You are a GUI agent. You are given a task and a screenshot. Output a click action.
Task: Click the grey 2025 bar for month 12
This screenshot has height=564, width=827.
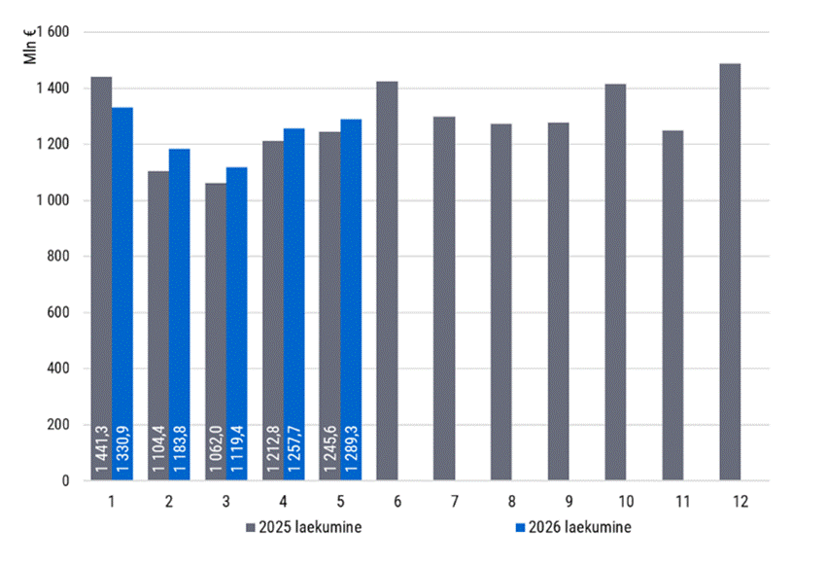730,271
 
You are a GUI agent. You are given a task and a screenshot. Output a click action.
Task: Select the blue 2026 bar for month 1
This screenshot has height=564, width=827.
122,294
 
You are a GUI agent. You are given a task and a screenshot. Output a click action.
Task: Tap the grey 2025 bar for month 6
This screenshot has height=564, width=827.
387,281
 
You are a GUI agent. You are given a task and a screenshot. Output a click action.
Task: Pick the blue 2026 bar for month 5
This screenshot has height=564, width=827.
351,300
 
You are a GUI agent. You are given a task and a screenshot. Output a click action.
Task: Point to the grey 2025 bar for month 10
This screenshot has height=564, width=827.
615,282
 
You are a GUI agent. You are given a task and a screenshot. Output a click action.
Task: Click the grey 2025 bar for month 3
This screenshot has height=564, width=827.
216,332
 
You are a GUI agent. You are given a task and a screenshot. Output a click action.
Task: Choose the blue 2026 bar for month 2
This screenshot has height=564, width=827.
180,314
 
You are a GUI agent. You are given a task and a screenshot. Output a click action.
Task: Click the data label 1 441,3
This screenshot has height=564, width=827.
101,448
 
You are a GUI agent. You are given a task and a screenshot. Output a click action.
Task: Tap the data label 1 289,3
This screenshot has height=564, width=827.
351,448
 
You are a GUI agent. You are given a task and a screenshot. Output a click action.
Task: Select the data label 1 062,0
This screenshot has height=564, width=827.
216,448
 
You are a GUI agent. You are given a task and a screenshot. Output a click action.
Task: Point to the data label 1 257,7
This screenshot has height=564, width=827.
293,448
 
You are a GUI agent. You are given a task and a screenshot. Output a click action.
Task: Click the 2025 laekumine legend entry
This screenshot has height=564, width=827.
304,527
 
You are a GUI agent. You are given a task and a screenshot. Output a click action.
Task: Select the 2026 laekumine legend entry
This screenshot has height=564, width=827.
573,527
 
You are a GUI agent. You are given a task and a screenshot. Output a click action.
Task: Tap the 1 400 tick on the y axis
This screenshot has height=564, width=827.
52,88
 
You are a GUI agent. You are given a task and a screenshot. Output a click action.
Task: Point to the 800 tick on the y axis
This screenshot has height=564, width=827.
58,257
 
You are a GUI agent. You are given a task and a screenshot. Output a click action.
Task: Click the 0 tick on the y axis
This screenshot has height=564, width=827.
65,480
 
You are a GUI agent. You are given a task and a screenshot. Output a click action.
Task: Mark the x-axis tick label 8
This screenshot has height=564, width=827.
511,501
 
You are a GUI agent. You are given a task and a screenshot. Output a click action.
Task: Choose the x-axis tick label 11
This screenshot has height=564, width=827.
683,501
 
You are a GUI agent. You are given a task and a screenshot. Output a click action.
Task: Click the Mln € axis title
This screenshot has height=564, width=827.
30,47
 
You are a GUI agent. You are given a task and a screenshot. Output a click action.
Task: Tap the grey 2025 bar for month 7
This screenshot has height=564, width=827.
444,299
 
